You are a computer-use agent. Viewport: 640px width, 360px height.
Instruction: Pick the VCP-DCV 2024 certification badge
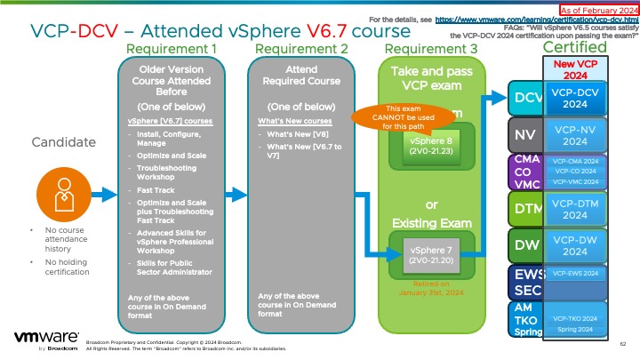point(574,97)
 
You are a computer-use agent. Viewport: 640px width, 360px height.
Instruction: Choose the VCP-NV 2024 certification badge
point(574,135)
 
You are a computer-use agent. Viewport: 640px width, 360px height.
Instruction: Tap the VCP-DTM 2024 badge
point(574,209)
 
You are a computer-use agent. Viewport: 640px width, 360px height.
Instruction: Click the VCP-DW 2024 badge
point(574,244)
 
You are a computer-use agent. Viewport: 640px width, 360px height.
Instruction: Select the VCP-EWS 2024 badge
point(574,274)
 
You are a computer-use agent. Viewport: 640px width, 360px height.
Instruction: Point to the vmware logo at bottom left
point(44,340)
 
